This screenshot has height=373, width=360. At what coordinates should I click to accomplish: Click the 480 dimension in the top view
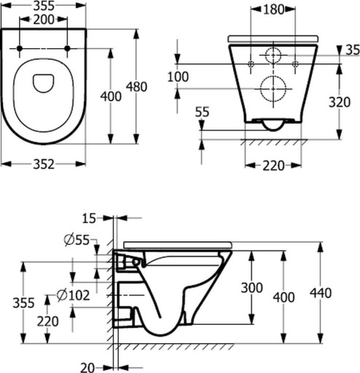point(136,87)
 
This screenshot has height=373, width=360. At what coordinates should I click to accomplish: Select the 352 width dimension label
point(44,165)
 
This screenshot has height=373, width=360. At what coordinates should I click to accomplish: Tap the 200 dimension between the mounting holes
point(44,20)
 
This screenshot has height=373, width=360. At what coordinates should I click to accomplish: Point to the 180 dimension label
point(273,9)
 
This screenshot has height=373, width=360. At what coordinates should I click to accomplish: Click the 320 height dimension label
point(340,102)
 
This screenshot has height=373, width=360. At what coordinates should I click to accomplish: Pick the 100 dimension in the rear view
point(178,76)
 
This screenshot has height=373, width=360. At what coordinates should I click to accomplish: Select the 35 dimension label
point(353,50)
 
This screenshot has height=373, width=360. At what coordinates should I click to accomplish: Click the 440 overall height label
point(321,293)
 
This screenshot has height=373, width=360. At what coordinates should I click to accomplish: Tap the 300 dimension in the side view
point(252,288)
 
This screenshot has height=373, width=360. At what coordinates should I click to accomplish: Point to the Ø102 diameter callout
point(73,296)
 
